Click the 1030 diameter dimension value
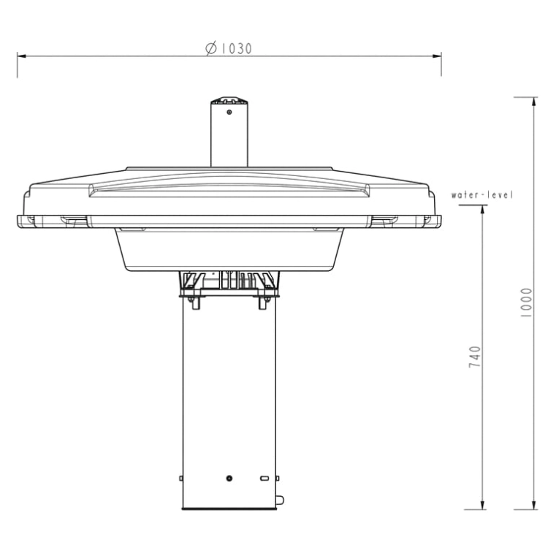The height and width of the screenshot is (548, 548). [x=237, y=48]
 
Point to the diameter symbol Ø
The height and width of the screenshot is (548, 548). [x=211, y=48]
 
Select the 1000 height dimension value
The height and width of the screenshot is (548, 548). [x=526, y=302]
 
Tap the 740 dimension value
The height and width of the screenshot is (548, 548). [x=475, y=357]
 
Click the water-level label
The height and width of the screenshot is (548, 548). [x=482, y=194]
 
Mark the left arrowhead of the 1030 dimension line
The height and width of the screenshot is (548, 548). [x=22, y=56]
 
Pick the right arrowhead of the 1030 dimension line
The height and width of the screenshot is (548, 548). [x=436, y=56]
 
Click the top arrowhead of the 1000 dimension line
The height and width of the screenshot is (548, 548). [x=533, y=102]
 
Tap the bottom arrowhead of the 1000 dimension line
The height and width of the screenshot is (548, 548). [x=533, y=505]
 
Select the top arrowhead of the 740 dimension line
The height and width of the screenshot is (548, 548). [x=483, y=210]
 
